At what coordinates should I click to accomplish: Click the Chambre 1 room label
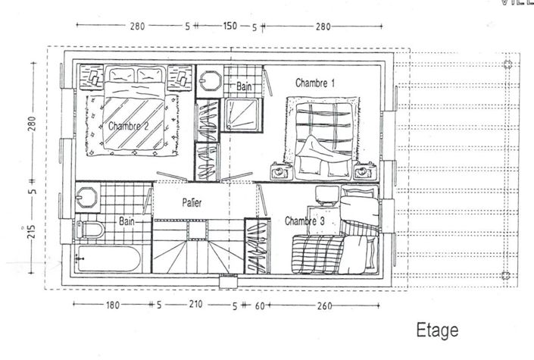click(315, 83)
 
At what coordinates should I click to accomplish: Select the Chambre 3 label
click(304, 221)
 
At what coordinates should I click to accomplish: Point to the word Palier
click(191, 203)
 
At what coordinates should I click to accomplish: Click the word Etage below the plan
click(437, 330)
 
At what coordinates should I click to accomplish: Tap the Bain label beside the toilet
click(126, 221)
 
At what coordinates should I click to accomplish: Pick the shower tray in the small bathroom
click(243, 116)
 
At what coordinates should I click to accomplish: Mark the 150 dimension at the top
click(230, 27)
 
